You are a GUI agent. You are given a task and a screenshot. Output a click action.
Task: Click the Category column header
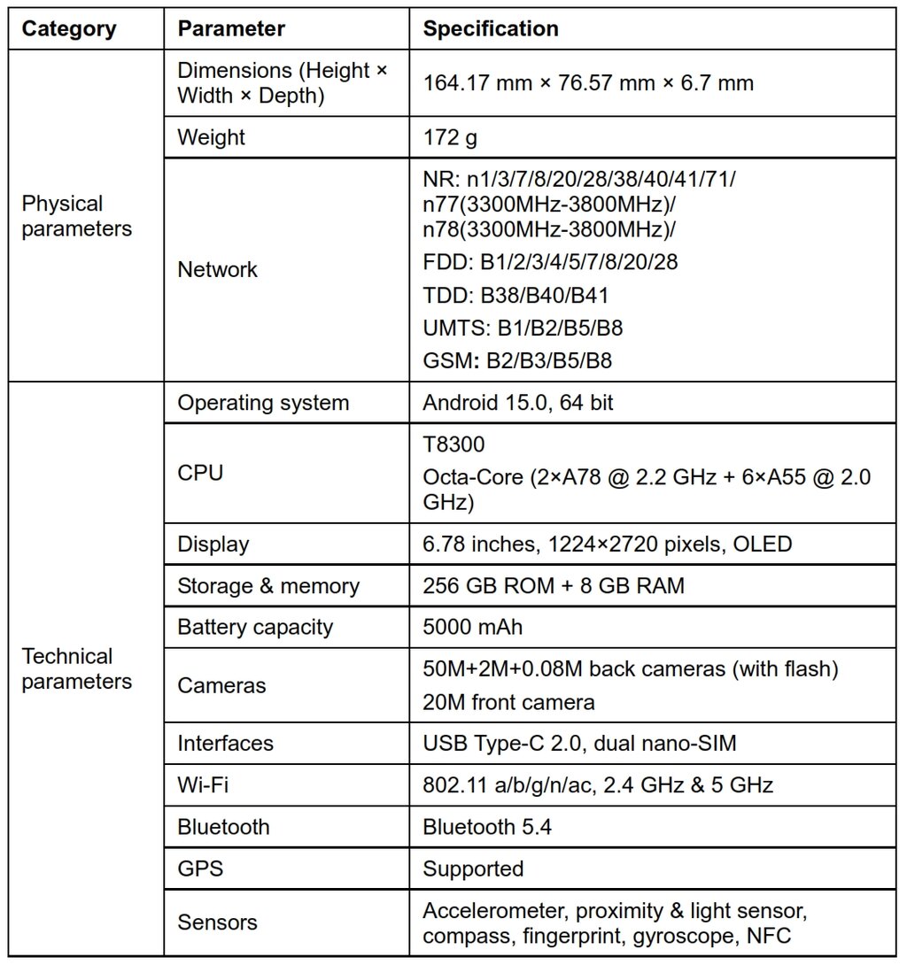point(68,29)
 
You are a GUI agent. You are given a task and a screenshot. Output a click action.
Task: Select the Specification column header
point(491,29)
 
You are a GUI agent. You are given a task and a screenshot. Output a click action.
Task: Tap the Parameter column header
point(231,29)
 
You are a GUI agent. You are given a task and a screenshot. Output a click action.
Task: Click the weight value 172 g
point(454,138)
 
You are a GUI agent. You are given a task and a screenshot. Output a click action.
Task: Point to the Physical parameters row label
point(76,216)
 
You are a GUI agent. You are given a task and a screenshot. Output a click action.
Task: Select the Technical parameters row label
point(76,668)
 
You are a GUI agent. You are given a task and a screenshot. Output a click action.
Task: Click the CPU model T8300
point(453,444)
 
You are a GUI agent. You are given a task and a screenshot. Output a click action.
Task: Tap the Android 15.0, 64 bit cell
point(518,403)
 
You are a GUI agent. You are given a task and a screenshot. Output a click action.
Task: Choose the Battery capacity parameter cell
point(255,628)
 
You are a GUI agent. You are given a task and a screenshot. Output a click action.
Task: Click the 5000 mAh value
point(473,628)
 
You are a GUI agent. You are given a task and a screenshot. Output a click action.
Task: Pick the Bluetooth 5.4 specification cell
point(487,827)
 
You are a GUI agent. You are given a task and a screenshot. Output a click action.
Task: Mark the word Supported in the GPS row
point(473,868)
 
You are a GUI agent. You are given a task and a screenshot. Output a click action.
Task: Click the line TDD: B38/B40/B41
point(516,296)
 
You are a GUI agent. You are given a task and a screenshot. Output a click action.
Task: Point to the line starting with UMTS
point(523,328)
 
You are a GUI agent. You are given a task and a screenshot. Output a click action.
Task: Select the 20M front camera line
point(508,702)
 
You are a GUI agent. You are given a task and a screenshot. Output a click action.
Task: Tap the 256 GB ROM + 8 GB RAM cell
point(554,586)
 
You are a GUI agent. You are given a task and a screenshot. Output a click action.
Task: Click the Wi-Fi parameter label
point(203,784)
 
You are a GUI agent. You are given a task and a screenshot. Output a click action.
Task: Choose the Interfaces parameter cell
point(225,743)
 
